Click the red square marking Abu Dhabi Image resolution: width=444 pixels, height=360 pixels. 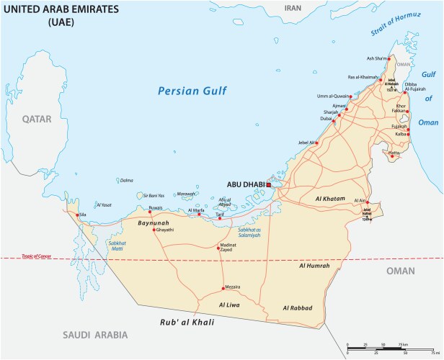click(x=269, y=185)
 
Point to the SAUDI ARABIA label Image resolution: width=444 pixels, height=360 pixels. click(x=94, y=335)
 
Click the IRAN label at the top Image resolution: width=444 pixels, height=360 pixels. click(x=293, y=8)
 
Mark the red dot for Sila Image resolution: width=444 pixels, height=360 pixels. click(x=79, y=214)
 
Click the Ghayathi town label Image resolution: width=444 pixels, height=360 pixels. click(x=165, y=230)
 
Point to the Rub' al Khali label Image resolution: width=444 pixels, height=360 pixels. click(x=187, y=322)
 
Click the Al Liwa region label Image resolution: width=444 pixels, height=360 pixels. click(x=231, y=305)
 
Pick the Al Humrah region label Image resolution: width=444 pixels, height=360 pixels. click(x=314, y=266)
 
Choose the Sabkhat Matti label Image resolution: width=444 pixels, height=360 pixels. click(x=118, y=246)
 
